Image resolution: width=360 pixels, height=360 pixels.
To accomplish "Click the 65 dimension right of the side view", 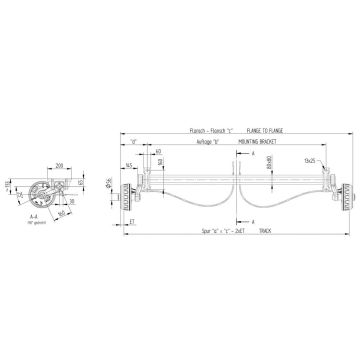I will [78, 185].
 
